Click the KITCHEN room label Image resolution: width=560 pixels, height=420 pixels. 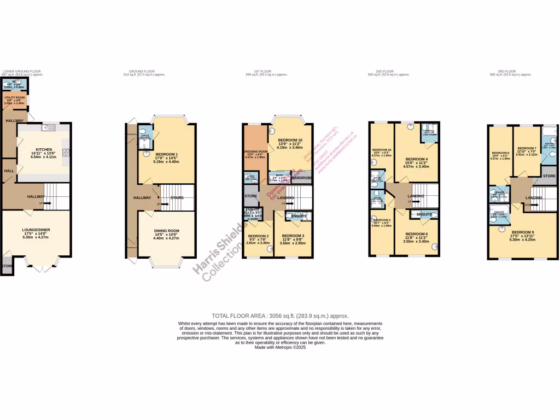44,149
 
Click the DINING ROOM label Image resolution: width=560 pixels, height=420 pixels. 166,231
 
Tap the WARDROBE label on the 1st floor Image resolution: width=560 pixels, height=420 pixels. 301,178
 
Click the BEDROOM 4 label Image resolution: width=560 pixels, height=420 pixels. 416,159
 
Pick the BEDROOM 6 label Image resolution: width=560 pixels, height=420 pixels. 417,234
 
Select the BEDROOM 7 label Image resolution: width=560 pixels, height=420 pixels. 527,148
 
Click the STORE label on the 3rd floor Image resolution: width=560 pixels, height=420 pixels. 549,176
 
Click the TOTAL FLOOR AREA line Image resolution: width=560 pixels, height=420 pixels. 280,316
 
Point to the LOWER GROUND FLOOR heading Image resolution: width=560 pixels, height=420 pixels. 21,72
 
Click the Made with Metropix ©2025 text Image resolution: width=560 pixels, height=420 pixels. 280,348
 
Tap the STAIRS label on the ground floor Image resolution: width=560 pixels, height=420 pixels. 177,197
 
